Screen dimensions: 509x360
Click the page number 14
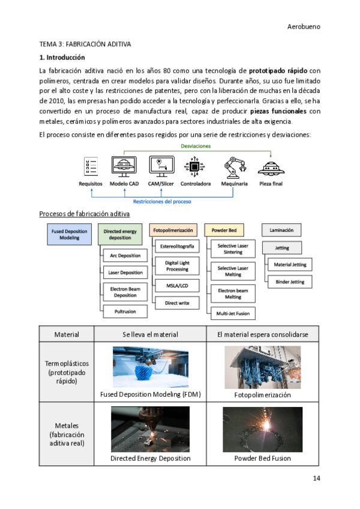coord(316,478)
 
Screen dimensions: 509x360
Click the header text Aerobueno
coord(304,27)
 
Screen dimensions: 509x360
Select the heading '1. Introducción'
coord(62,58)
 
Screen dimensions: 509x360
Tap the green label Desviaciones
coord(196,146)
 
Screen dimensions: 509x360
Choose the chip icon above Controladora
coord(196,166)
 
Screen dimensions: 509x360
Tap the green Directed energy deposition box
coord(120,233)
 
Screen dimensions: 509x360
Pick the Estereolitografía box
coord(177,247)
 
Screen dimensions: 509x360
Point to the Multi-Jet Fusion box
coord(233,313)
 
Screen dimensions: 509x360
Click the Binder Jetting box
coord(290,282)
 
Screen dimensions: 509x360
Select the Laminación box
coord(281,230)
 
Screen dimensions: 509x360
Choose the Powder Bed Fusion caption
coord(262,458)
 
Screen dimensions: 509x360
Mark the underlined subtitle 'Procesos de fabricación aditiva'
coord(84,214)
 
